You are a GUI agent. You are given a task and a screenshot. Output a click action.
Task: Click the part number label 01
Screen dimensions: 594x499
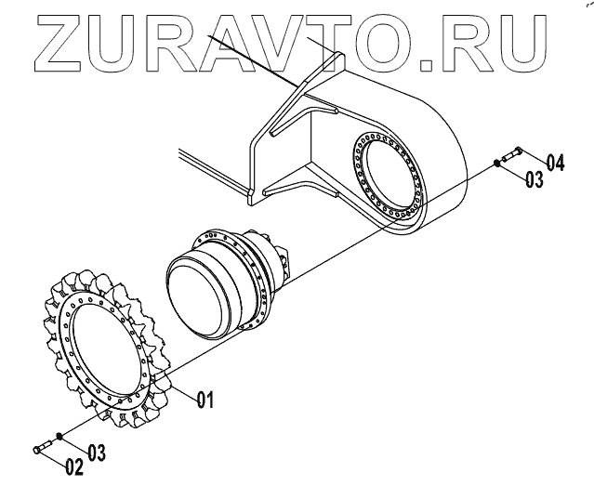coord(205,401)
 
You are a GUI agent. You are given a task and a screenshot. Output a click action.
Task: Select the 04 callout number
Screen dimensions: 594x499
coord(555,163)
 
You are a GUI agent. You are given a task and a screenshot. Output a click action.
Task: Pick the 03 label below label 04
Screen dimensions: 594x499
coord(534,178)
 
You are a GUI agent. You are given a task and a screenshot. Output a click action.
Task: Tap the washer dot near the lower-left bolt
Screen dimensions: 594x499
coord(60,435)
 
